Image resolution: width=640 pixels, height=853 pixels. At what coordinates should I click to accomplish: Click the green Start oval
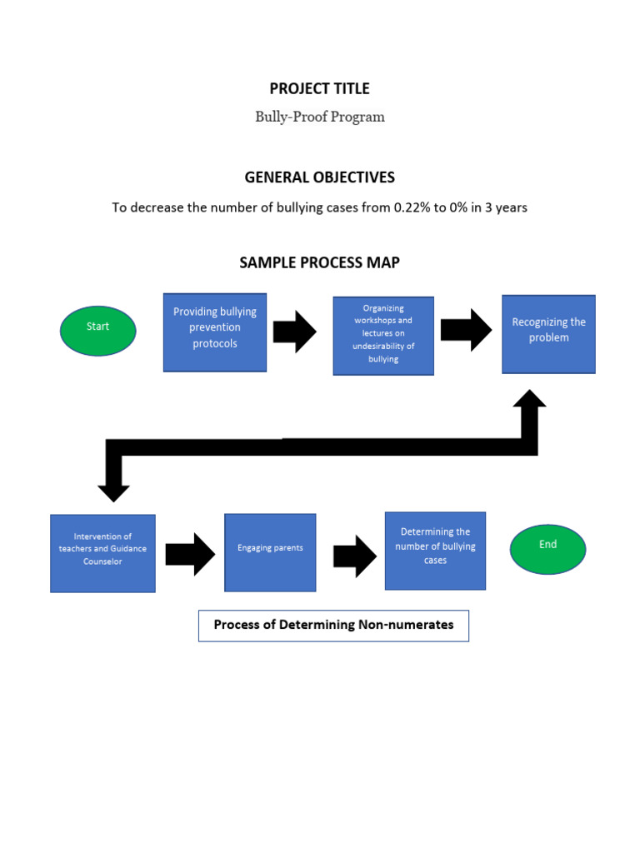point(97,331)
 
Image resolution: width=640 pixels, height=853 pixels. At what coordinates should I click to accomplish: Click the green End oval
point(547,549)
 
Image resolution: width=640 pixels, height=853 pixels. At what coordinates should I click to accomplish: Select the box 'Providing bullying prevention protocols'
point(215,332)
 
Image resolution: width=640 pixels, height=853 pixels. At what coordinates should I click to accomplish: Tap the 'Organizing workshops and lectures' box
point(383,336)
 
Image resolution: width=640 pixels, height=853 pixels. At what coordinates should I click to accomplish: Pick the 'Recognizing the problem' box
point(548,333)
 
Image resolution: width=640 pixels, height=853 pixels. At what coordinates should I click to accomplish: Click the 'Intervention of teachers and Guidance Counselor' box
point(102,553)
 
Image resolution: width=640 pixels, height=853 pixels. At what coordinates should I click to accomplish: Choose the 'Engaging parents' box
point(270,552)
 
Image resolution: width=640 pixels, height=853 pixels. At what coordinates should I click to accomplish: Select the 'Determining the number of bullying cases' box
point(435,551)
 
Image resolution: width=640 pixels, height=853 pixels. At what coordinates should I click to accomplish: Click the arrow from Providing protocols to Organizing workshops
point(294,332)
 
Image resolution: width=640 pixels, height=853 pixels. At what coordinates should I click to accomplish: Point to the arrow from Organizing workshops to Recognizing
point(466,330)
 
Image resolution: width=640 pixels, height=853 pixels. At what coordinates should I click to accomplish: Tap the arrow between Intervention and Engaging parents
point(190,554)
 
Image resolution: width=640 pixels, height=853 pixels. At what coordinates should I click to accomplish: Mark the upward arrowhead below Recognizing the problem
point(529,401)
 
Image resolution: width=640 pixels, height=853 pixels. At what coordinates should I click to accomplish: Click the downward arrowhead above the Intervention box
point(113,490)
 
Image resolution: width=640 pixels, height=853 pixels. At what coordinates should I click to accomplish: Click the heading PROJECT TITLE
point(319,89)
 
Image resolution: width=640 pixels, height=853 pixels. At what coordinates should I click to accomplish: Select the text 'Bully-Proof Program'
point(320,117)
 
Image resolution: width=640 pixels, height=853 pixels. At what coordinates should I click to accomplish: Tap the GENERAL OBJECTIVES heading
point(319,177)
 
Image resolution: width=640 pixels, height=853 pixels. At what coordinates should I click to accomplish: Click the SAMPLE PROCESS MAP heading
point(319,262)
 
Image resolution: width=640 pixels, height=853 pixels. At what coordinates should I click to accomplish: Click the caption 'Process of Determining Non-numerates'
point(333,625)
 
